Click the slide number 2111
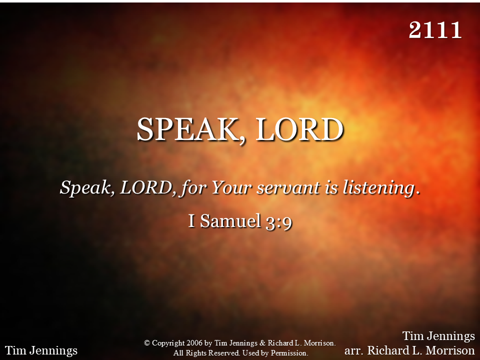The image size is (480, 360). pyautogui.click(x=435, y=30)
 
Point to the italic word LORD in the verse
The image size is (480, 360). pyautogui.click(x=145, y=187)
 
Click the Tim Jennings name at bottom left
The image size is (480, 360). pyautogui.click(x=41, y=350)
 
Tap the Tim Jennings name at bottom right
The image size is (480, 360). pyautogui.click(x=438, y=336)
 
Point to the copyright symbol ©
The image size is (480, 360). pyautogui.click(x=147, y=343)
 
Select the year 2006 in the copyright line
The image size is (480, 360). pyautogui.click(x=194, y=343)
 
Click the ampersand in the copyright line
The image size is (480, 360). pyautogui.click(x=262, y=343)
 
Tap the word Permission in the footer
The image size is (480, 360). pyautogui.click(x=289, y=353)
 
